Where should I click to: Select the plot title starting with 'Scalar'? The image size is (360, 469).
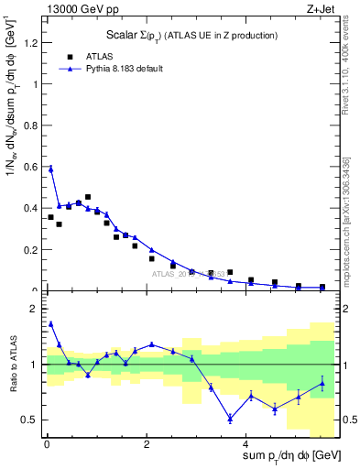click(186, 35)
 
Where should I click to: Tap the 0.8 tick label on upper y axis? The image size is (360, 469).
click(28, 125)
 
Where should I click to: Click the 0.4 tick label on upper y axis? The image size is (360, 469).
click(28, 208)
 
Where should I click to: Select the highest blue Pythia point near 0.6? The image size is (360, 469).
click(50, 169)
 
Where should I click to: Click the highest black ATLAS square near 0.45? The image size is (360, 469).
click(88, 197)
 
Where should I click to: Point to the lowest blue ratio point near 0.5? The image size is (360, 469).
click(230, 419)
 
